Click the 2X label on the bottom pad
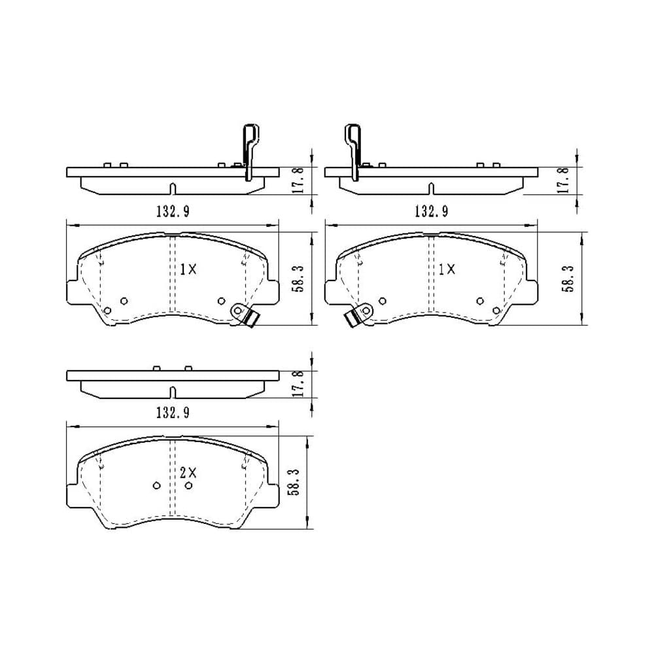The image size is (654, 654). [188, 473]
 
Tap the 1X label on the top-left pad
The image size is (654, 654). [188, 269]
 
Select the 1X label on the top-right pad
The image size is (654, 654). [447, 269]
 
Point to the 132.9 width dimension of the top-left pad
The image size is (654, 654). [173, 211]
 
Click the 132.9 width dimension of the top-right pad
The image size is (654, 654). [431, 211]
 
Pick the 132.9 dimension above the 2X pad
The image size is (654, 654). [173, 413]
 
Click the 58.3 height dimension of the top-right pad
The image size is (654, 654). [569, 278]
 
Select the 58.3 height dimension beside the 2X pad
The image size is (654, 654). [294, 482]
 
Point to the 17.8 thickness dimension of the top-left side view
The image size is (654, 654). [300, 180]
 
